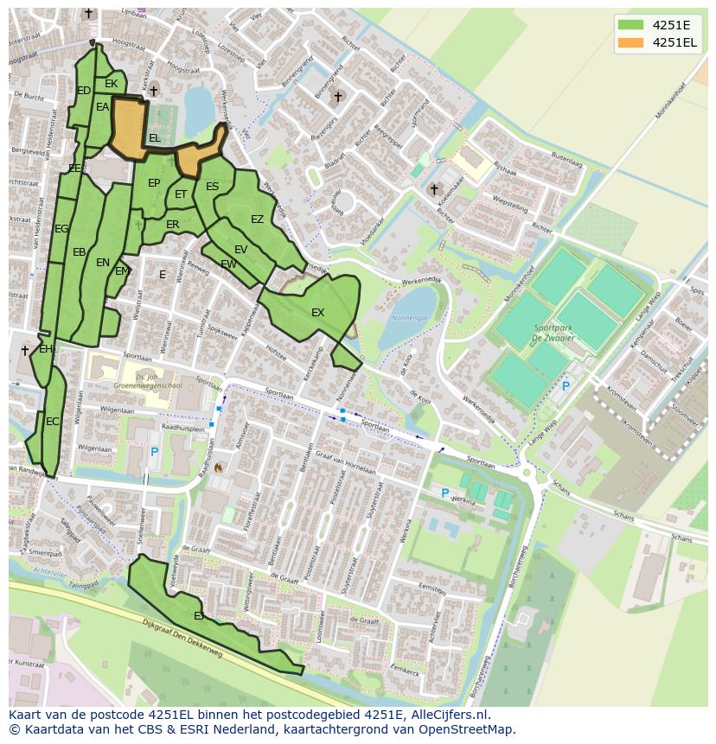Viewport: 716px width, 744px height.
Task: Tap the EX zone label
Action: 317,313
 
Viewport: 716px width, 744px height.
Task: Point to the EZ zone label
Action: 257,219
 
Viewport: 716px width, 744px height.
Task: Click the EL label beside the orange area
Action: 154,138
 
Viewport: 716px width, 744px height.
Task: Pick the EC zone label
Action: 53,422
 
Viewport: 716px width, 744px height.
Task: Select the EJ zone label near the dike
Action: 199,616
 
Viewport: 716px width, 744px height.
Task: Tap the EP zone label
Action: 154,183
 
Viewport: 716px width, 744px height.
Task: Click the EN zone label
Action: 103,263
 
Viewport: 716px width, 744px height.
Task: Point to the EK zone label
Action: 111,84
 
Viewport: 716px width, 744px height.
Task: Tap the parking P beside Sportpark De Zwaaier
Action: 566,386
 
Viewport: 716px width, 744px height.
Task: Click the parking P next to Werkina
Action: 445,493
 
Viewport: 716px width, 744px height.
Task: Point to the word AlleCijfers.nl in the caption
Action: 447,715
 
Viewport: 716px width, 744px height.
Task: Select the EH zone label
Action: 46,350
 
